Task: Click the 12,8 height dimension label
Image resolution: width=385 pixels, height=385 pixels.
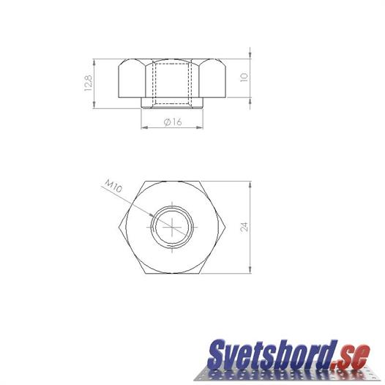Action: tap(89, 83)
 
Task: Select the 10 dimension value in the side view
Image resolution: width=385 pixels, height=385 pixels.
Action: tap(244, 77)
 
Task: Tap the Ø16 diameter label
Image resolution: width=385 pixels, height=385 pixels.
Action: tap(173, 122)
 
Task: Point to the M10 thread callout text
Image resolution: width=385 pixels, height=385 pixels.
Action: tap(113, 186)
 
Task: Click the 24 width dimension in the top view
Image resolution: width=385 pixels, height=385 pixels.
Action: tap(244, 227)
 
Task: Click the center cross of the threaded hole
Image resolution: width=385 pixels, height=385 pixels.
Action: tap(172, 227)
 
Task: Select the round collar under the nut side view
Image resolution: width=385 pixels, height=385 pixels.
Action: tap(172, 103)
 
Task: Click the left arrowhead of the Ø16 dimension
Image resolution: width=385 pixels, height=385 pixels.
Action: tap(144, 127)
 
